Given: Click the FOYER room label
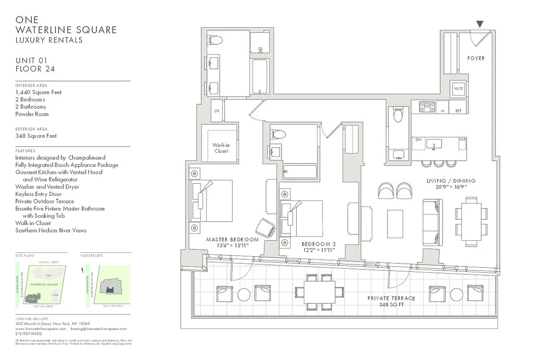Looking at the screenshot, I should [x=475, y=58].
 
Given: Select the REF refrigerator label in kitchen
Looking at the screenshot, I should [x=458, y=110].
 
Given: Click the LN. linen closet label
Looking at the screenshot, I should [x=217, y=110].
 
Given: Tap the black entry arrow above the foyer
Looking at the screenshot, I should [x=480, y=24].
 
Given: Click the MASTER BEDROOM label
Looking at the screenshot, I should [x=232, y=239].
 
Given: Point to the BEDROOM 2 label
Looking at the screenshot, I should [x=318, y=244].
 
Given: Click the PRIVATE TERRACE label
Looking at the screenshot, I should [x=391, y=298].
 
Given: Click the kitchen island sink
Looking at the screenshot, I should [x=434, y=144].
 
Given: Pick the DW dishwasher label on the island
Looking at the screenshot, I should [x=418, y=139].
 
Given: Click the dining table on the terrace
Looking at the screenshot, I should [x=319, y=292].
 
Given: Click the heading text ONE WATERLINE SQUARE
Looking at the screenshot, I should [x=66, y=25].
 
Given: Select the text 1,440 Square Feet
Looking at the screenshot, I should [x=38, y=92].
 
